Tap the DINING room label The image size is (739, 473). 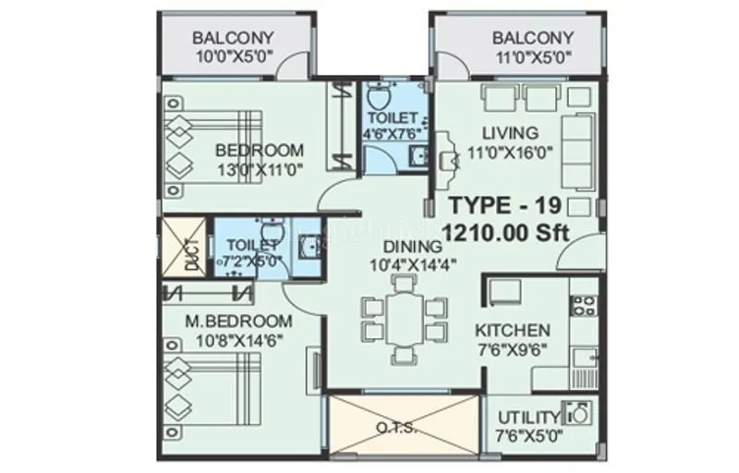pyautogui.click(x=404, y=248)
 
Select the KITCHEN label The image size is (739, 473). pyautogui.click(x=513, y=331)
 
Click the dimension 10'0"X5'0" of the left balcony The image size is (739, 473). pyautogui.click(x=234, y=56)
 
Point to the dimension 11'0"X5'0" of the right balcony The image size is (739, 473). pyautogui.click(x=532, y=56)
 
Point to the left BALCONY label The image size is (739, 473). pyautogui.click(x=234, y=39)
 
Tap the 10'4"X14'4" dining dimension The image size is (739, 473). pyautogui.click(x=404, y=266)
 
